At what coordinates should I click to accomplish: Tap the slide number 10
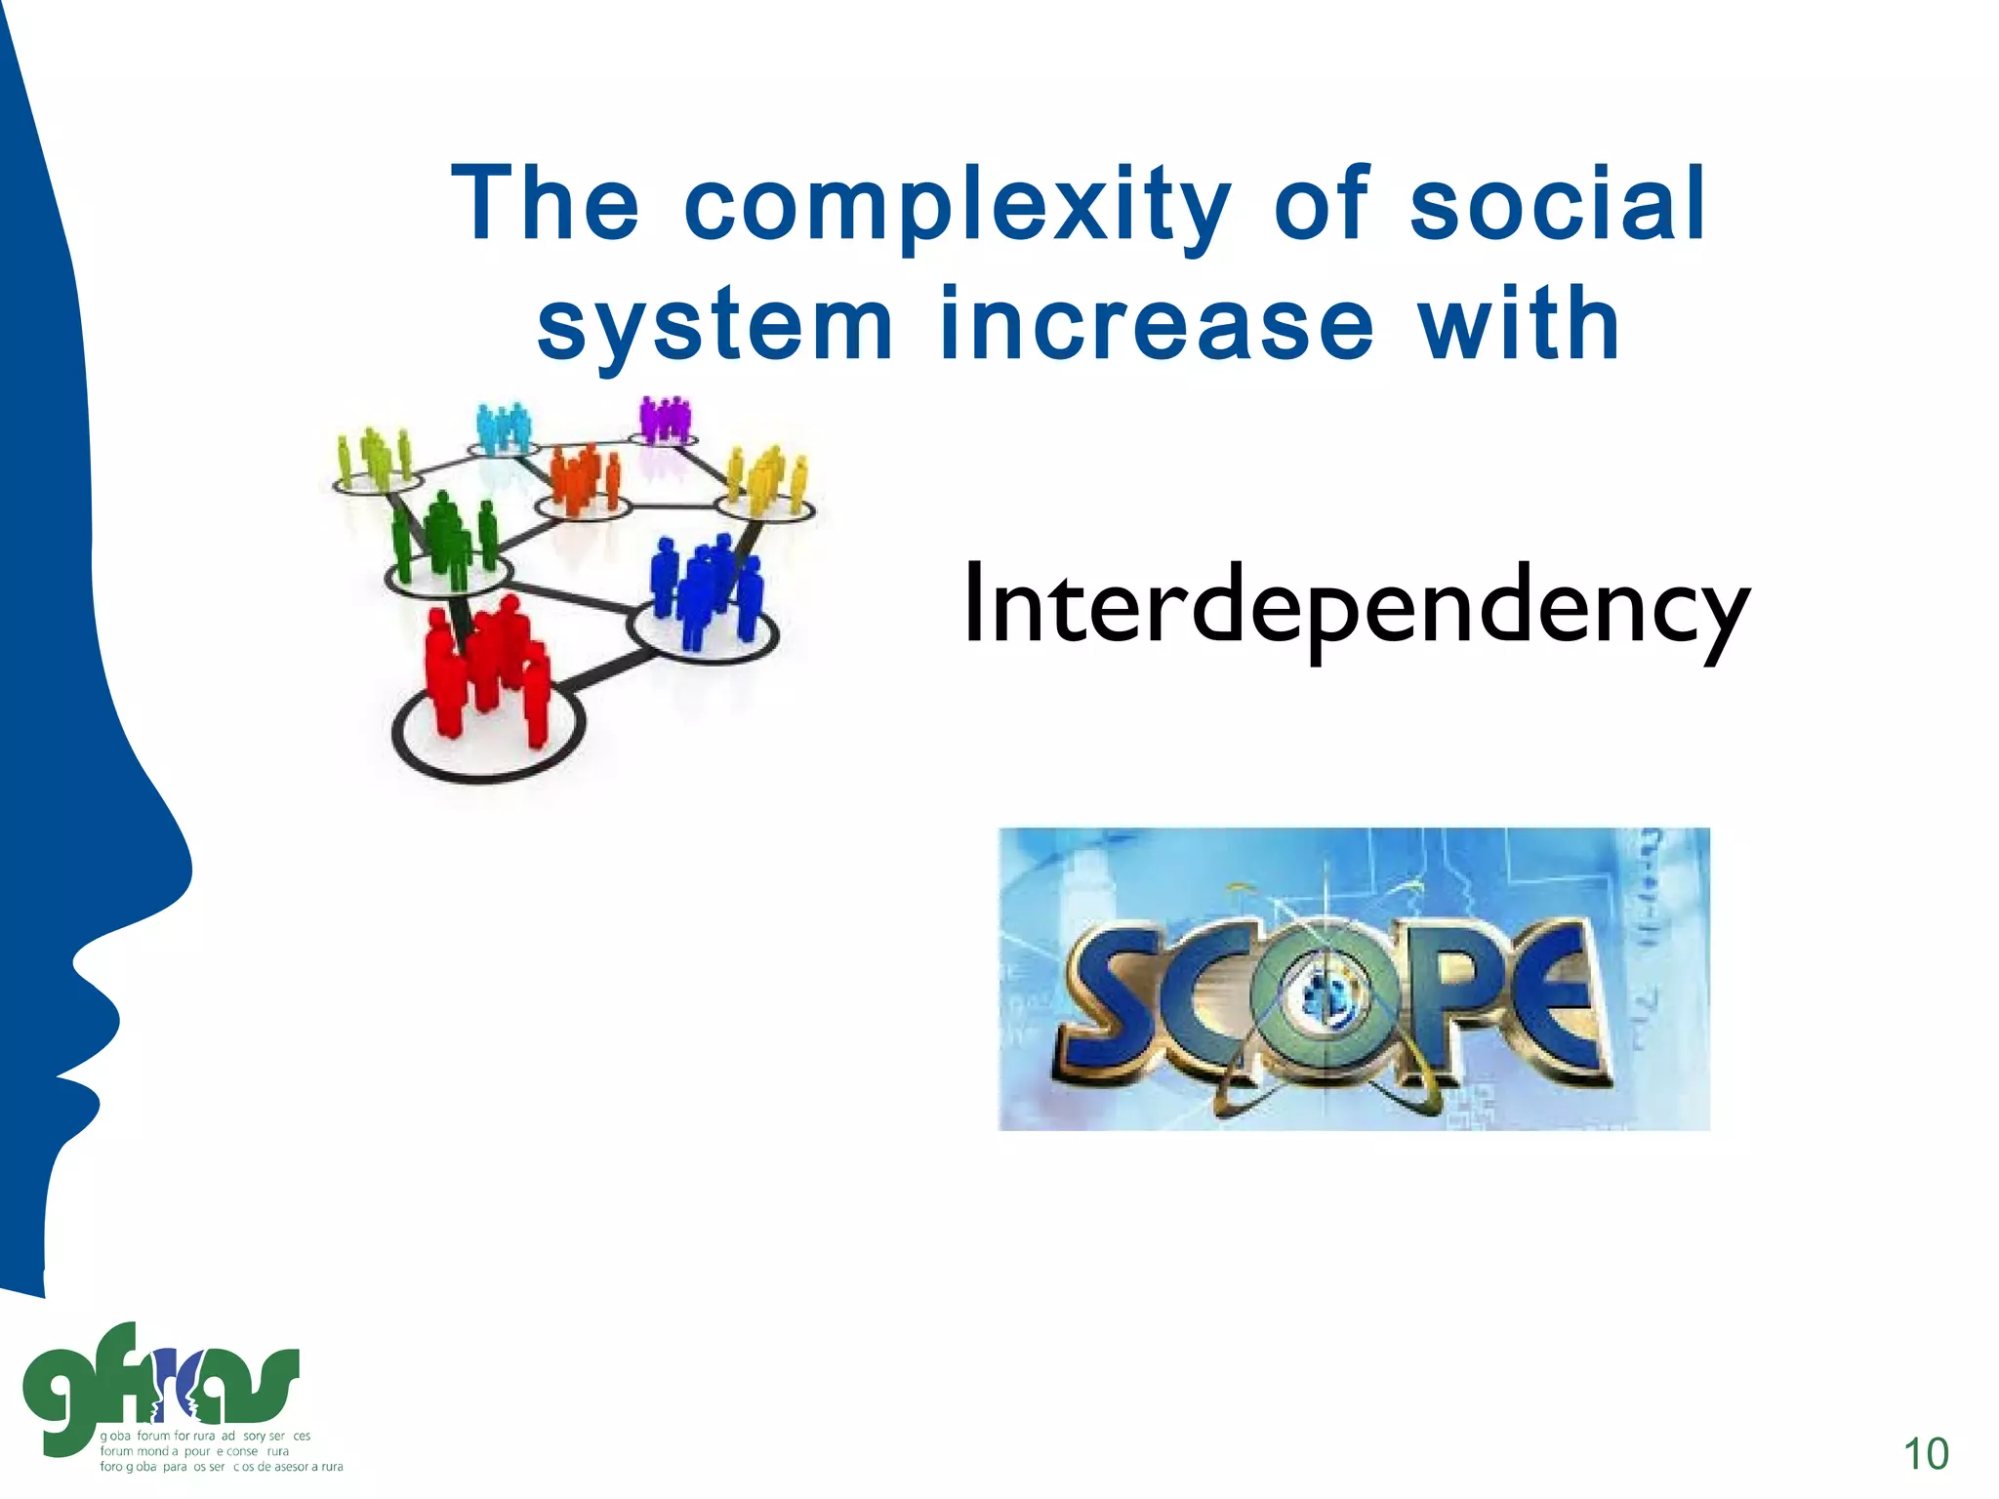click(1926, 1453)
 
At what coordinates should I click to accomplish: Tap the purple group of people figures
click(665, 420)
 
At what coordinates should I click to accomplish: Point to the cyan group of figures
click(503, 427)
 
